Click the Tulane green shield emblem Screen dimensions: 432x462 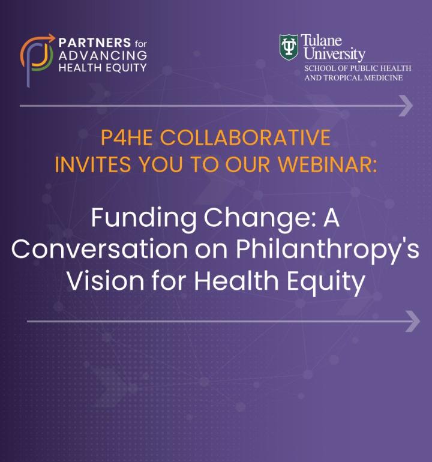(289, 47)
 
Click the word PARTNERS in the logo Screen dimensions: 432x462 (95, 43)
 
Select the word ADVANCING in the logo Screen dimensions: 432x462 (103, 55)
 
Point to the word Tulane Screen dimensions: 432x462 (321, 40)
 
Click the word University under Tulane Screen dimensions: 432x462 (334, 54)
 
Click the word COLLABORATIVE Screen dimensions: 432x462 (245, 137)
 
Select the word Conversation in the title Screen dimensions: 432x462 (100, 249)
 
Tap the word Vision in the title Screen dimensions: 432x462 (106, 280)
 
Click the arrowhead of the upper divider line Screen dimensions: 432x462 (406, 106)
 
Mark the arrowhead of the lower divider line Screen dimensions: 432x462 (413, 321)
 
